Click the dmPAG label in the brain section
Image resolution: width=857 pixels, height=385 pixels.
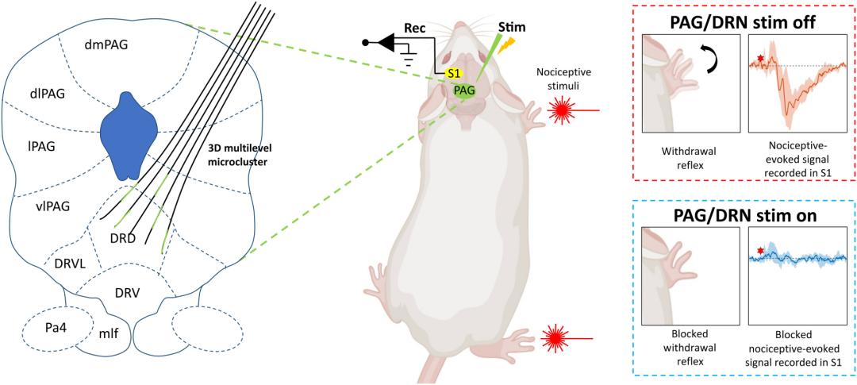pos(106,44)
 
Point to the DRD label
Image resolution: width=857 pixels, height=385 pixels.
pos(125,237)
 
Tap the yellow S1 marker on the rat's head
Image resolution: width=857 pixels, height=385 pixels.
pos(453,74)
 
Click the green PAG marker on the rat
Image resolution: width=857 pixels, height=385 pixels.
pos(464,90)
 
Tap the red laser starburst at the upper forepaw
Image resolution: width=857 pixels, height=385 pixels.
pos(563,111)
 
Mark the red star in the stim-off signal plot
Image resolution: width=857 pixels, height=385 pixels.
pos(761,59)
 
